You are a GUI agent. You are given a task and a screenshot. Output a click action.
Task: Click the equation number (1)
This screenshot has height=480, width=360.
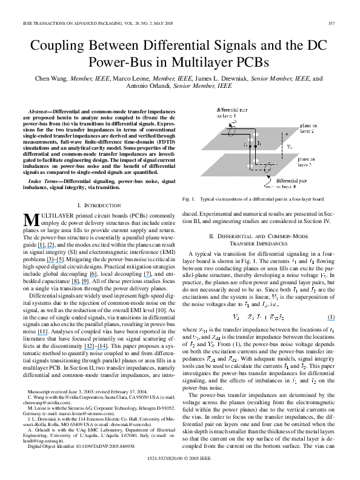(331, 316)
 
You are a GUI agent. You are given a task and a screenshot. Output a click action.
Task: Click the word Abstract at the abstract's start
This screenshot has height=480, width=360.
(40, 113)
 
